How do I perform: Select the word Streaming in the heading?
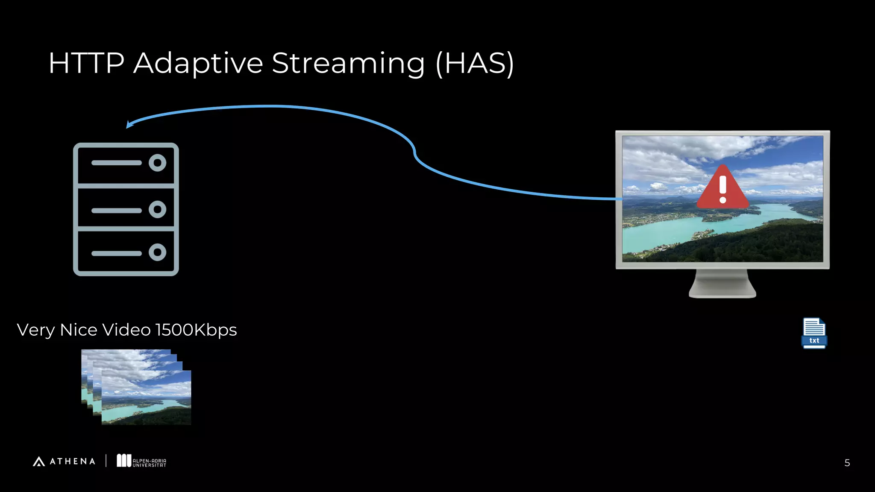tap(348, 63)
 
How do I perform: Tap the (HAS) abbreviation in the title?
tap(475, 63)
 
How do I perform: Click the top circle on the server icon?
tap(157, 163)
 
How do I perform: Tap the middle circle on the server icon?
tap(157, 209)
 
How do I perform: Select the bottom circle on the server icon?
tap(157, 252)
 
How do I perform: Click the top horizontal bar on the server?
tap(116, 163)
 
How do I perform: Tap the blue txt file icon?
tap(814, 333)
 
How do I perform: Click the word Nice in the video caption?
tap(79, 330)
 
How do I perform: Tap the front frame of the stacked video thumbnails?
tap(146, 397)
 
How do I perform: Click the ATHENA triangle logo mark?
tap(39, 462)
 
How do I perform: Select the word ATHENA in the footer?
tap(73, 462)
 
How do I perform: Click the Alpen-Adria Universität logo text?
tap(149, 463)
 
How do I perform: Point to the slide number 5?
tap(847, 463)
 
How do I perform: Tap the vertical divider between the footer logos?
tap(106, 461)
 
